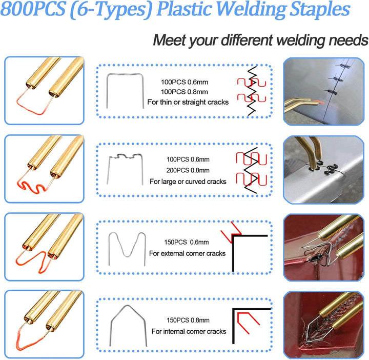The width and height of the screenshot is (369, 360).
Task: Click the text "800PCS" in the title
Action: (33, 9)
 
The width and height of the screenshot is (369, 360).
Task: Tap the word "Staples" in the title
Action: (320, 9)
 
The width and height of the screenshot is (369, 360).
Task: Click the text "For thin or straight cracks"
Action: (188, 102)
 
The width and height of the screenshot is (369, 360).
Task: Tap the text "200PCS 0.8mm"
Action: (188, 170)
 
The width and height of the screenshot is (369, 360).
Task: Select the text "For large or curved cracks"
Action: (188, 182)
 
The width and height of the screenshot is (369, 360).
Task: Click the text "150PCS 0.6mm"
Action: (187, 242)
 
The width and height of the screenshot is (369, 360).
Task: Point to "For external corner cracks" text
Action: (188, 253)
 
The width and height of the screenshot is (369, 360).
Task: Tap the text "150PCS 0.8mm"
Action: (188, 320)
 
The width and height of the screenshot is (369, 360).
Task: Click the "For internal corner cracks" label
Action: (189, 331)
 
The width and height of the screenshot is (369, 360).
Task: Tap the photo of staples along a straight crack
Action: (323, 91)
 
